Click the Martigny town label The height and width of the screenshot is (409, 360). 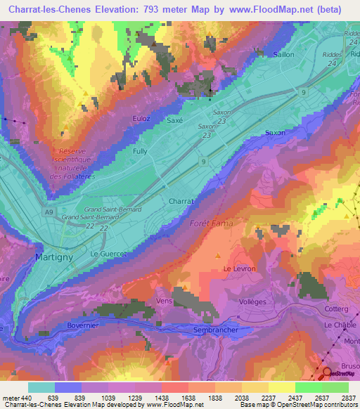(x=53, y=258)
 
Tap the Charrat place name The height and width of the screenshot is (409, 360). (x=181, y=201)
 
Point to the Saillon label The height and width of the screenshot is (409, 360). (x=283, y=54)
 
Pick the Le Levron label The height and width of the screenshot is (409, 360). (x=237, y=269)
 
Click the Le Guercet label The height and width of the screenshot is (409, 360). (x=108, y=253)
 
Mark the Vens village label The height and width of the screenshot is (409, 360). (x=164, y=300)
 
